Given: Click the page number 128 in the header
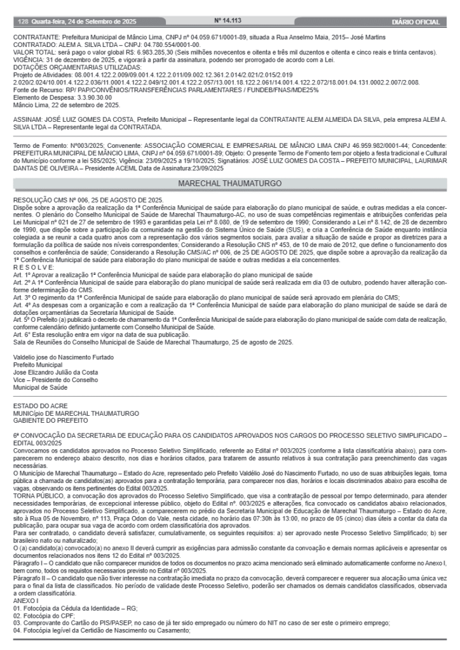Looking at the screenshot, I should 20,22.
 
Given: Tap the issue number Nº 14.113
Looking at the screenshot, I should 230,21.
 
